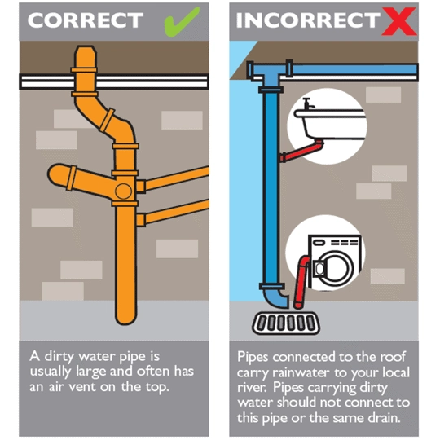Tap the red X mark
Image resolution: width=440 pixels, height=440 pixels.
pos(399,21)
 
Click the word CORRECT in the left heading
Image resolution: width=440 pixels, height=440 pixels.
pos(86,20)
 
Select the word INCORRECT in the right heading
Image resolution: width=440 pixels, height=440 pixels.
pos(308,20)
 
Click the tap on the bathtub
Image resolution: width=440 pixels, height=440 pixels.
pos(308,103)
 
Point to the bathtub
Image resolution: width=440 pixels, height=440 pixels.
pos(331,125)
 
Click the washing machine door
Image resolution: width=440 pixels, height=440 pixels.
pos(334,268)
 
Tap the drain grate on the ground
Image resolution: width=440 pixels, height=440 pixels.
pos(286,323)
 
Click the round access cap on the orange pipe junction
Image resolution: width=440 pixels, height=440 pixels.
pos(123,191)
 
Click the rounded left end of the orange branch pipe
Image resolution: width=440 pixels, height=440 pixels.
pos(55,174)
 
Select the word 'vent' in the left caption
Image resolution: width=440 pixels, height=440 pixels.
pos(82,387)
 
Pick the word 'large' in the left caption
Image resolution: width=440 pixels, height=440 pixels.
pos(91,372)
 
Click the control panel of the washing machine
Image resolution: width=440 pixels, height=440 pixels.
pos(335,242)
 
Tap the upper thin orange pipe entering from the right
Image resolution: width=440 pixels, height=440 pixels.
pos(178,178)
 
